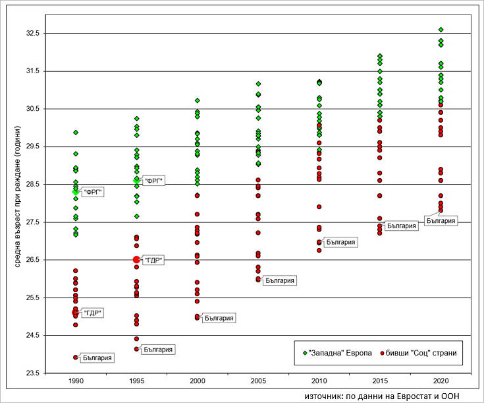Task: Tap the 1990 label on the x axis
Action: (76, 382)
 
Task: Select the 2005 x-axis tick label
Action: (258, 382)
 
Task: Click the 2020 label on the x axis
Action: (441, 382)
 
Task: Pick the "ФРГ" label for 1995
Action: (154, 181)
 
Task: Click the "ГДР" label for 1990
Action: (94, 313)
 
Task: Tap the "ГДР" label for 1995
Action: (153, 261)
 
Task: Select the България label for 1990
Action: (97, 358)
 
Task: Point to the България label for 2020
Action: (441, 221)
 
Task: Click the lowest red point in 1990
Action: (76, 357)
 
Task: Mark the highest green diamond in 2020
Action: (441, 30)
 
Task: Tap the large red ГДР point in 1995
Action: (136, 260)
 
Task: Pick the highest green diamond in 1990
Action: (76, 133)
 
